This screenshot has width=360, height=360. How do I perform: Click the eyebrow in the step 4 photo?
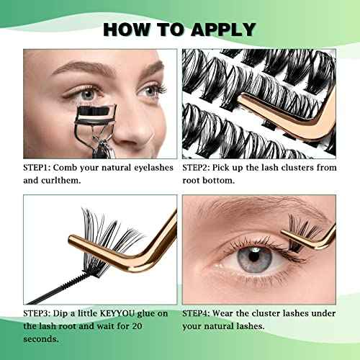pos(245,211)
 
